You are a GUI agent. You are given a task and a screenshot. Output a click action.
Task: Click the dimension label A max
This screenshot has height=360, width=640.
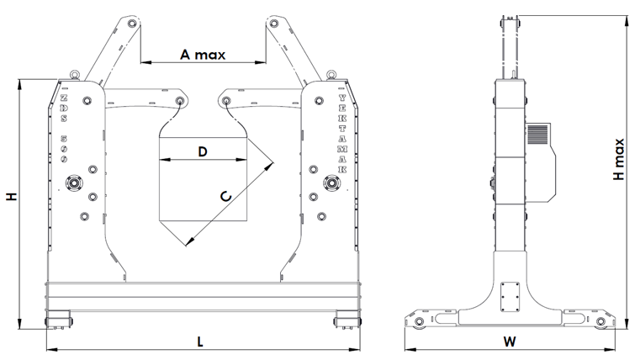(x=202, y=55)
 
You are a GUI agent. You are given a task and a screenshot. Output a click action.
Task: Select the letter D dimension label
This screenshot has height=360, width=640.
(x=202, y=151)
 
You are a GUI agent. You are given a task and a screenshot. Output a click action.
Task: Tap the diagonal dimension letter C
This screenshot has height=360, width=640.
(x=225, y=196)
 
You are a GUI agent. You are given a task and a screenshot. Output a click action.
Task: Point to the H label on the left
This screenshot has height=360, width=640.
(x=11, y=197)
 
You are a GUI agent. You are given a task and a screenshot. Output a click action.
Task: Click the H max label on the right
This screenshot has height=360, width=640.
(x=620, y=160)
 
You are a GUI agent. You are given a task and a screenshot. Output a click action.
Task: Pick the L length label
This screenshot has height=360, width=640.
(x=200, y=341)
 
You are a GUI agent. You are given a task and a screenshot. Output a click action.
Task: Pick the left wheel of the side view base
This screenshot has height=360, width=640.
(x=417, y=323)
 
